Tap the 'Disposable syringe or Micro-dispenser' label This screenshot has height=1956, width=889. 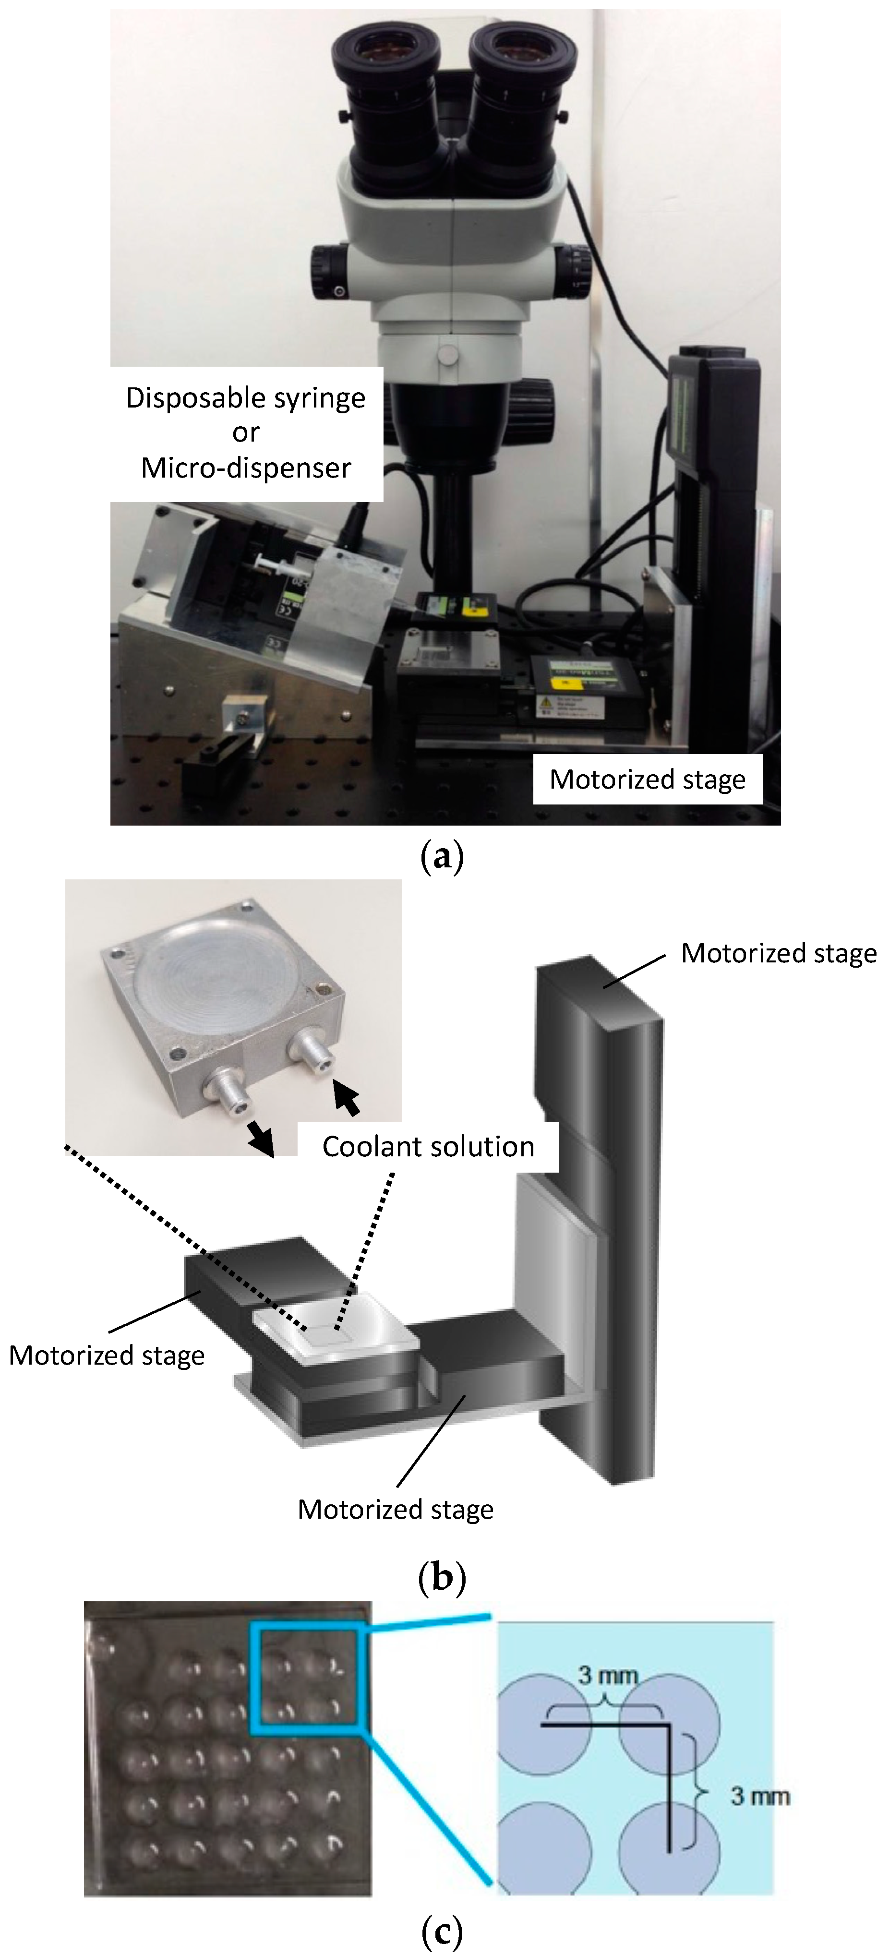pyautogui.click(x=246, y=433)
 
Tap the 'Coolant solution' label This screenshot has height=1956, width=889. pyautogui.click(x=428, y=1147)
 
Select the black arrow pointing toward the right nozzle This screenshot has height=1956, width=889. pyautogui.click(x=346, y=1098)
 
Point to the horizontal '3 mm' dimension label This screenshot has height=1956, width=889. pyautogui.click(x=607, y=1674)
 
